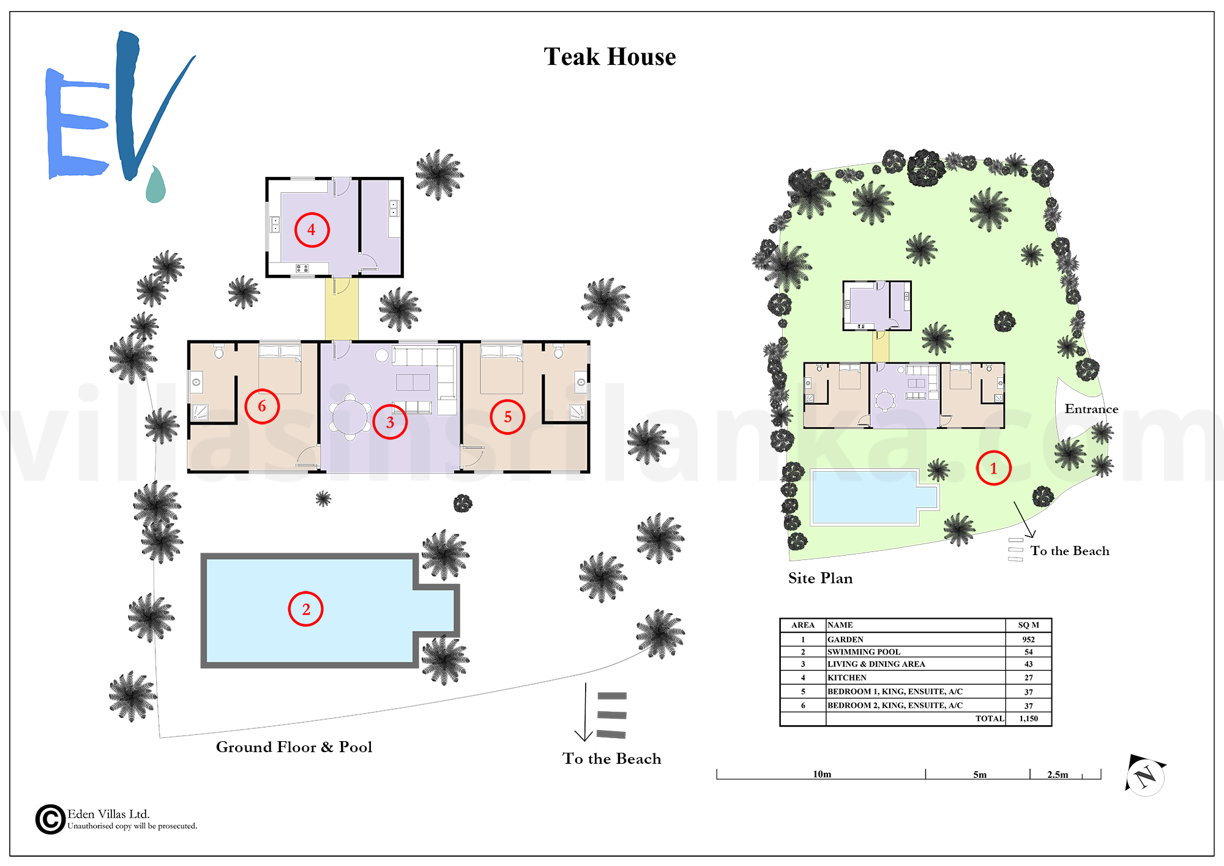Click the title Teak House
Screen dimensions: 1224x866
point(610,57)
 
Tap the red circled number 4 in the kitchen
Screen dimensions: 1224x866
point(312,230)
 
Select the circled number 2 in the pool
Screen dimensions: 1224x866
point(305,609)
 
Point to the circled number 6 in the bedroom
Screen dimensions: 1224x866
point(262,406)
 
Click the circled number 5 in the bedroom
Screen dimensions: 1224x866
point(508,417)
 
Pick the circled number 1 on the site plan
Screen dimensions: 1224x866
point(993,468)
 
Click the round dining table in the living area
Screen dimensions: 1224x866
point(349,417)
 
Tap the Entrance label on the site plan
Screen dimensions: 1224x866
point(1091,409)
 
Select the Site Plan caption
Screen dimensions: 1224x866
point(820,578)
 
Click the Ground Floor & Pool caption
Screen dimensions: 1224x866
point(294,747)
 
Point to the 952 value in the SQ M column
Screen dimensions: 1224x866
point(1028,640)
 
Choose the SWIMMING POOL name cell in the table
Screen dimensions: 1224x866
point(864,652)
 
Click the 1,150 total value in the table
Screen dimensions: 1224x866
point(1028,719)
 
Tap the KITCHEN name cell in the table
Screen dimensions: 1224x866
point(847,677)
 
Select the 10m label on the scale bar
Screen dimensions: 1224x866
point(822,774)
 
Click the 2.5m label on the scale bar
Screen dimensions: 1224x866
point(1058,775)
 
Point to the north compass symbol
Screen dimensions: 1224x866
point(1145,775)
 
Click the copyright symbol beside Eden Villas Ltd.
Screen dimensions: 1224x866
point(50,819)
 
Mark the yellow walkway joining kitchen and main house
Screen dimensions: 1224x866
point(341,309)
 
